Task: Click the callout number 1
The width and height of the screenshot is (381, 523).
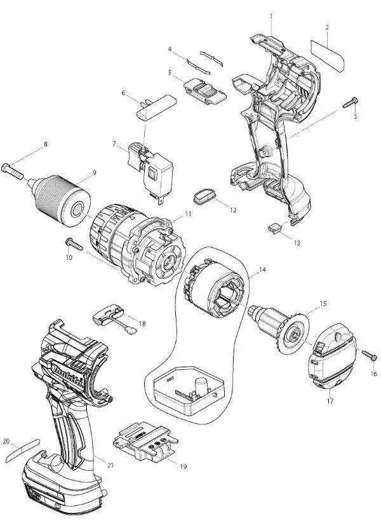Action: click(x=271, y=16)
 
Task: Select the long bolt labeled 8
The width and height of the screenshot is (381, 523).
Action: click(x=13, y=170)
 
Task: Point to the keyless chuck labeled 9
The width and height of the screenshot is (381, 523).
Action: click(x=60, y=200)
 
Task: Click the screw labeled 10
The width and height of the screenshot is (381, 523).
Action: click(x=74, y=243)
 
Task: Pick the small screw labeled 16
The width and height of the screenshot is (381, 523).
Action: click(x=370, y=355)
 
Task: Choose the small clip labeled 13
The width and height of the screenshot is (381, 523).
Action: click(x=275, y=228)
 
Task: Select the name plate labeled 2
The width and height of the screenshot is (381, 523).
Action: click(x=327, y=56)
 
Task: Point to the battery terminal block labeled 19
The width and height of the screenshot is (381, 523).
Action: click(x=145, y=441)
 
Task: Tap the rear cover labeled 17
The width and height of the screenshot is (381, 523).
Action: click(x=333, y=361)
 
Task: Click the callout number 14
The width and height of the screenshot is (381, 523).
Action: click(x=262, y=269)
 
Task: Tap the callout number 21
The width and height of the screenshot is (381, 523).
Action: click(x=110, y=465)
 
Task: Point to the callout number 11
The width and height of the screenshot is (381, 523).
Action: click(x=189, y=214)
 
